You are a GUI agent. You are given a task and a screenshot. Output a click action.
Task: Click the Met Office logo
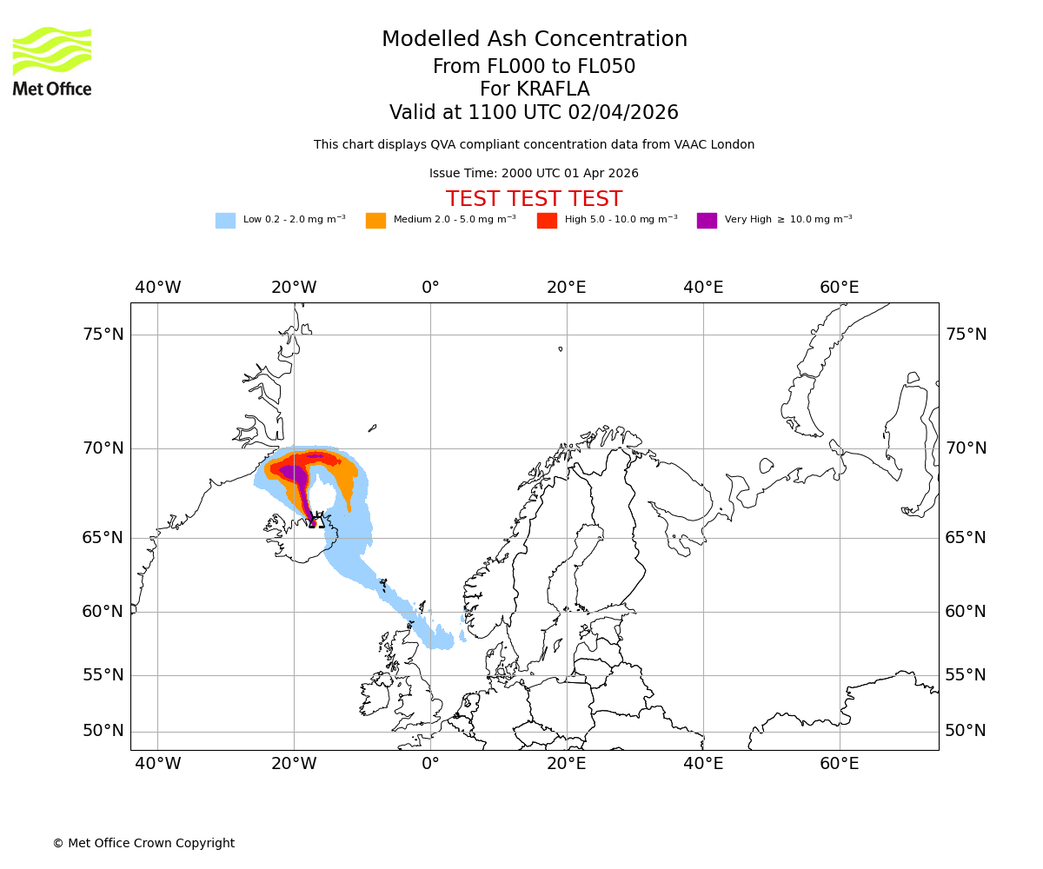(52, 61)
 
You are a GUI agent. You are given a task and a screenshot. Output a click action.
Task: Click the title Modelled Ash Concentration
(534, 40)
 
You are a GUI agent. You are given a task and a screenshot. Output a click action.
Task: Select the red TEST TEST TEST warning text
(534, 199)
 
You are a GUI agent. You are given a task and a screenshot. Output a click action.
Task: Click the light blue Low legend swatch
(225, 221)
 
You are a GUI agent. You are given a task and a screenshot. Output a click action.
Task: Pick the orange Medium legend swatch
(375, 221)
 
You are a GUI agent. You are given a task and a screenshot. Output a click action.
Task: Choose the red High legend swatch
(547, 221)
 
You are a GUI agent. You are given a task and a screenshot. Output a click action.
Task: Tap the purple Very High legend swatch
(707, 221)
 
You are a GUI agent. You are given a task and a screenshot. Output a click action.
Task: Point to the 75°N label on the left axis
(103, 335)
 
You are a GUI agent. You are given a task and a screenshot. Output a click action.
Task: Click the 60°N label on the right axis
(966, 612)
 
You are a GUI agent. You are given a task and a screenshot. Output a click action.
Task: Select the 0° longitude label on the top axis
(430, 288)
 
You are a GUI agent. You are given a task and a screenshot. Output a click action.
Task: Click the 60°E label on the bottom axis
(839, 764)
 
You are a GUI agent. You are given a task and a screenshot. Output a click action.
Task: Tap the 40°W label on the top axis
(157, 288)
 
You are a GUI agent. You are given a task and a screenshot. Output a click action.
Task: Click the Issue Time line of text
(534, 174)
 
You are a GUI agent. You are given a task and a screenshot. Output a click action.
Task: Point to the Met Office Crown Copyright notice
(143, 844)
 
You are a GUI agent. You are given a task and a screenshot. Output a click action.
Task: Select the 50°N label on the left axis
(103, 731)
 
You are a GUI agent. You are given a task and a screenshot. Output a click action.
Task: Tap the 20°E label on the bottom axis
(567, 764)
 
